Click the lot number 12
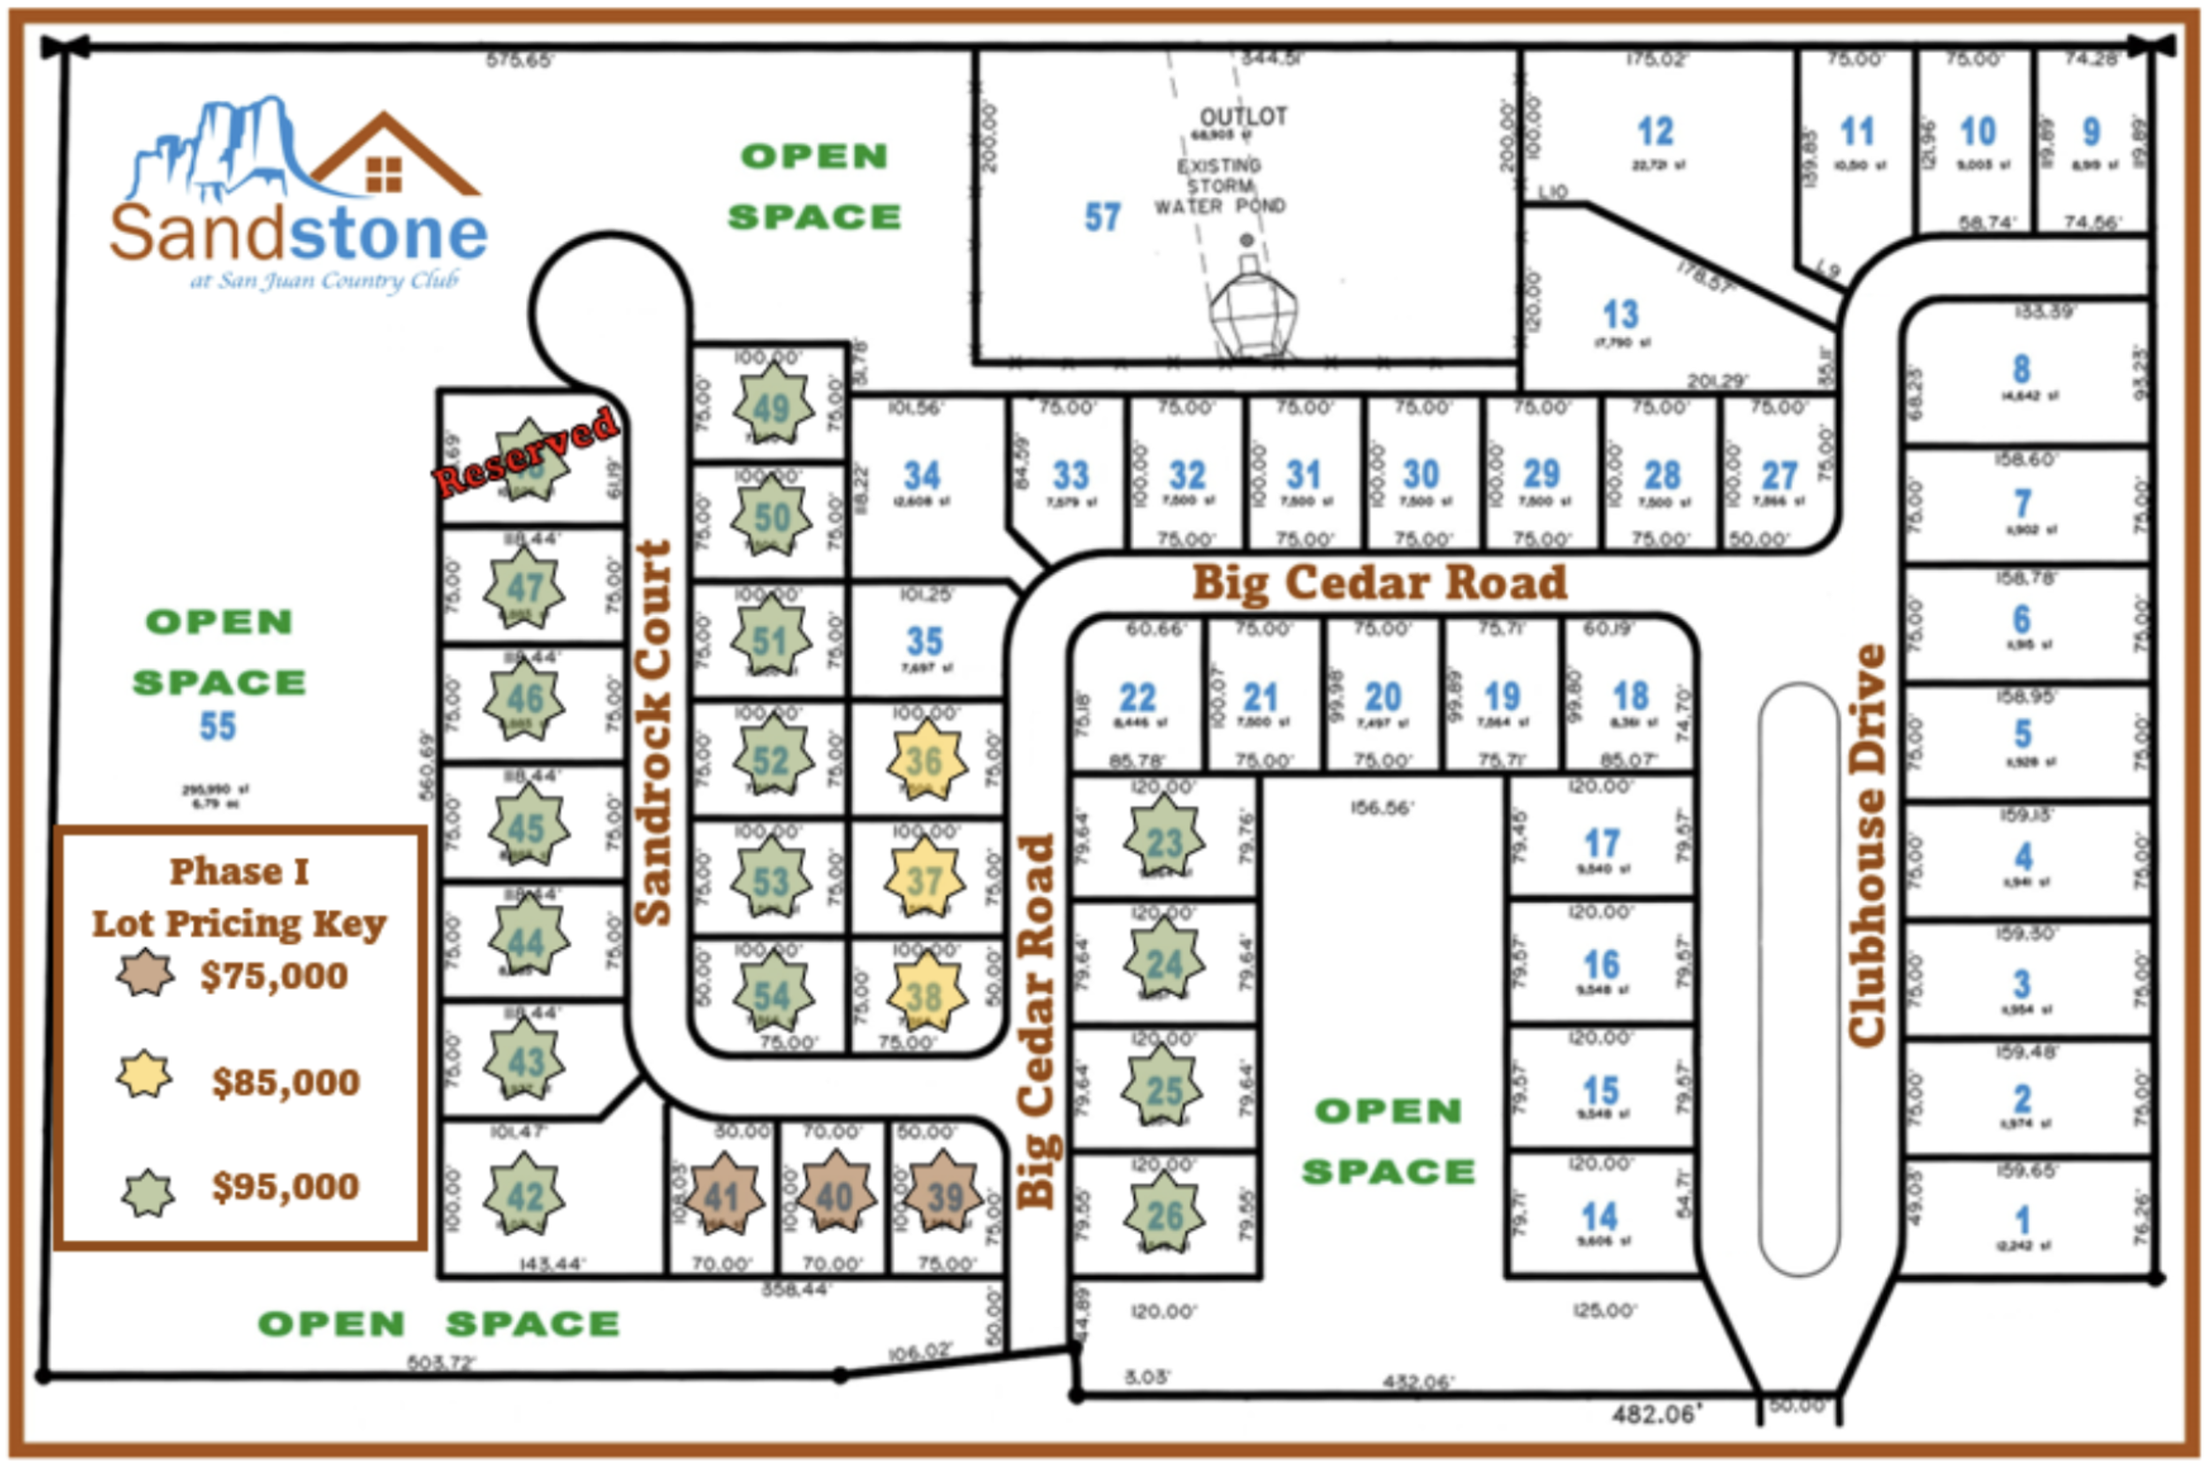point(1654,132)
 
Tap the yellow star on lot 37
point(925,880)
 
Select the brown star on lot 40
point(834,1195)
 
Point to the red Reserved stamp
point(526,452)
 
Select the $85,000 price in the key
point(286,1083)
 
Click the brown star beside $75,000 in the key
point(145,974)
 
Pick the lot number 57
point(1102,217)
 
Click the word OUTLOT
point(1244,117)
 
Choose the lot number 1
point(2022,1220)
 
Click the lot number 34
point(922,475)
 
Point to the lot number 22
point(1138,698)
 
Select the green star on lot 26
point(1164,1215)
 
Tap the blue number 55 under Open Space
point(217,727)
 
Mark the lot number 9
point(2092,132)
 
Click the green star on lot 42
point(524,1195)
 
